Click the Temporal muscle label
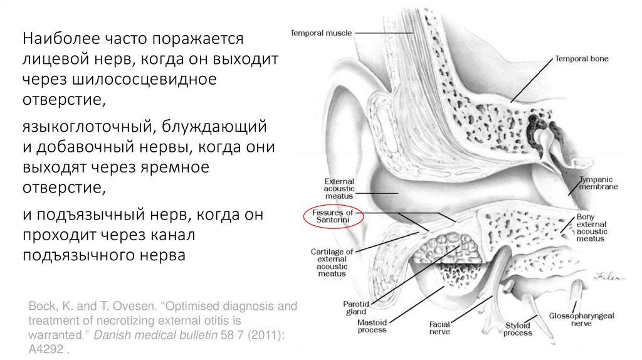321,33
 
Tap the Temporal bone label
581,59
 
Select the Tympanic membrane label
598,183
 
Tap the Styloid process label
518,329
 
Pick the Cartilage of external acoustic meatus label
332,262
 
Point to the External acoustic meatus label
339,188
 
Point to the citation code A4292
48,350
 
